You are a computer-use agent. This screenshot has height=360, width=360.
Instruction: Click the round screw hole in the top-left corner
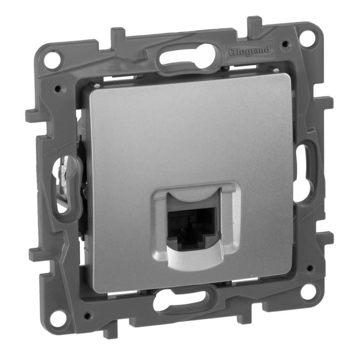(x=52, y=59)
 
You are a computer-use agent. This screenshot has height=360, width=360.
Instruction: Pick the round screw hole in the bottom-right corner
(x=307, y=291)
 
